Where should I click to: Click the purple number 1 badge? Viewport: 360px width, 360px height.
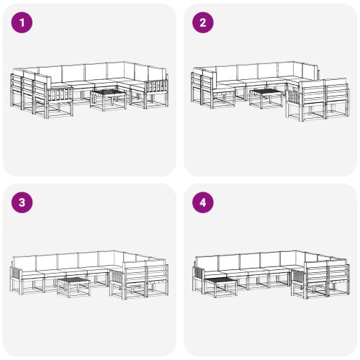click(23, 23)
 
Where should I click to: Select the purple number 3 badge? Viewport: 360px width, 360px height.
click(23, 203)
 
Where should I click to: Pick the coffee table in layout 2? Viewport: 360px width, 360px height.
click(266, 96)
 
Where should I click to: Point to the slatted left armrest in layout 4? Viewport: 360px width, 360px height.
click(198, 274)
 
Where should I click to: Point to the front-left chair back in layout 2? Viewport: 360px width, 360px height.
click(201, 81)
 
